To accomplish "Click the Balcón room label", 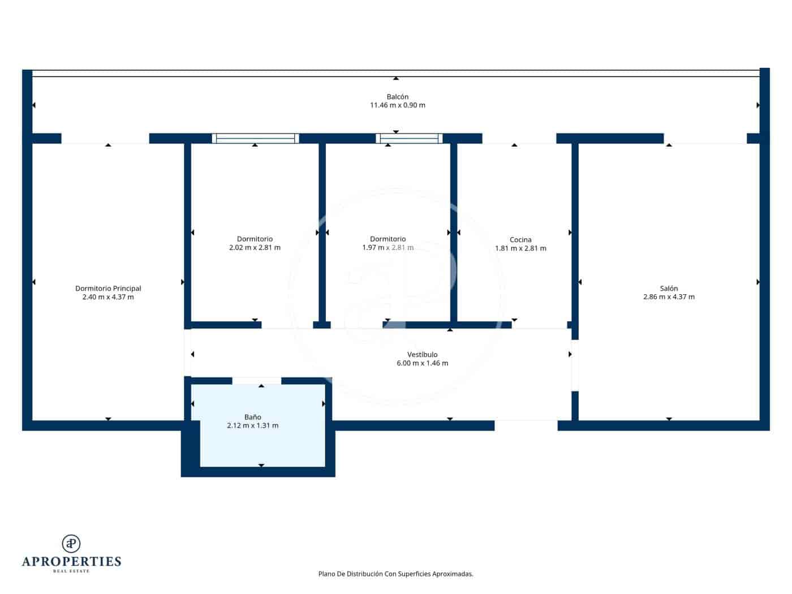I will tap(397, 97).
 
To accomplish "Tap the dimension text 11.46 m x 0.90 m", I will tap(397, 105).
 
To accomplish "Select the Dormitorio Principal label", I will tap(108, 289).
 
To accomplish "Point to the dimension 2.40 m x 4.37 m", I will tap(108, 297).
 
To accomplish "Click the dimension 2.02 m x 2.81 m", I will tap(255, 248).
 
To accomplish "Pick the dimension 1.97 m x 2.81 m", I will tap(388, 248).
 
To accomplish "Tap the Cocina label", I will tap(520, 240).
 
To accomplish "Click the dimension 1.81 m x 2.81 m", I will tap(520, 248).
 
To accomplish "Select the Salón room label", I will tap(669, 289).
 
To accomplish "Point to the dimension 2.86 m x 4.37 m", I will tap(669, 297).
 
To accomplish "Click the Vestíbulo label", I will tap(422, 355).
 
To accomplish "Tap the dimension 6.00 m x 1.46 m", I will tap(422, 363).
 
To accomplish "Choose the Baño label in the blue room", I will tap(252, 417).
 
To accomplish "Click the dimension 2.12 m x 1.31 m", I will tap(252, 426).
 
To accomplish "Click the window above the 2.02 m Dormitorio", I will tap(255, 138).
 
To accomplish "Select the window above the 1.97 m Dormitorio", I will tap(409, 138).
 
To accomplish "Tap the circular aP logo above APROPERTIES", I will tap(71, 544).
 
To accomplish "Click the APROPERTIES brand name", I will tap(71, 562).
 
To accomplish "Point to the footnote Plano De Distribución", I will tap(395, 574).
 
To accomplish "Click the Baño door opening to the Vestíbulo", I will tap(257, 381).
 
